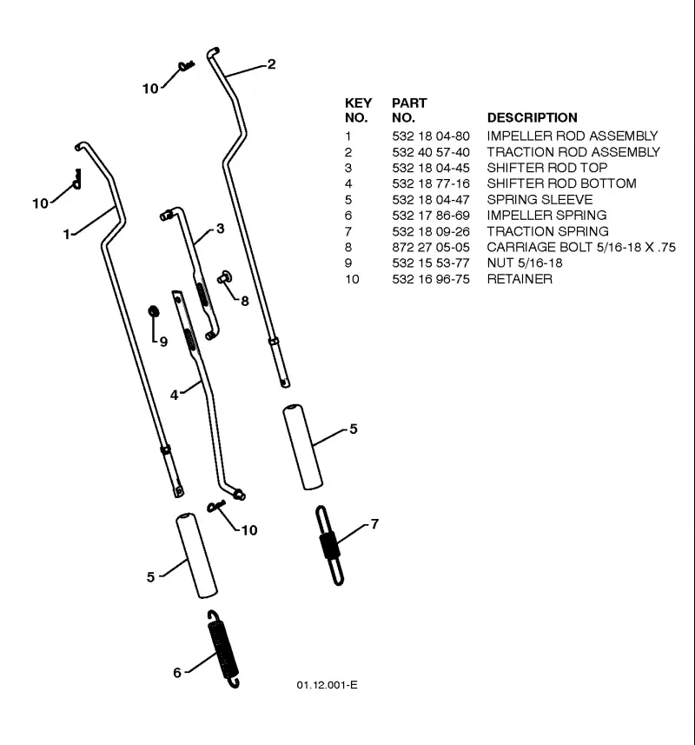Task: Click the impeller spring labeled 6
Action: tap(223, 649)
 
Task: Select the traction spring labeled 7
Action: tap(329, 545)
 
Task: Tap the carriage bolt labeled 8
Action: tap(224, 277)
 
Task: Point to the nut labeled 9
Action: tap(154, 312)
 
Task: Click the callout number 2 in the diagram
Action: tap(271, 64)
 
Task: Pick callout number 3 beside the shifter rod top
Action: tap(221, 229)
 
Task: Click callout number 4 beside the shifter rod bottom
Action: tap(175, 395)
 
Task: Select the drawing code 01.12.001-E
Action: tap(328, 685)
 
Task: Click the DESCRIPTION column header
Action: tap(533, 118)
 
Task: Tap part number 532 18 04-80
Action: tap(431, 136)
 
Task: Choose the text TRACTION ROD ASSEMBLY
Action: tap(573, 152)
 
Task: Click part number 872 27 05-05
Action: tap(431, 247)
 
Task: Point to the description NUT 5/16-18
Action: tap(525, 263)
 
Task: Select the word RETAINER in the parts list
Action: tap(520, 279)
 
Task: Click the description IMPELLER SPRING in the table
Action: tap(547, 216)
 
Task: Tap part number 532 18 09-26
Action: tap(431, 231)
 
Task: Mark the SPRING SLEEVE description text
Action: tap(539, 200)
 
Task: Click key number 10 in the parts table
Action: tap(352, 279)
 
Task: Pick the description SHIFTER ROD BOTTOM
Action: tap(561, 183)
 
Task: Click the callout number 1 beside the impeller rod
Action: tap(67, 234)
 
